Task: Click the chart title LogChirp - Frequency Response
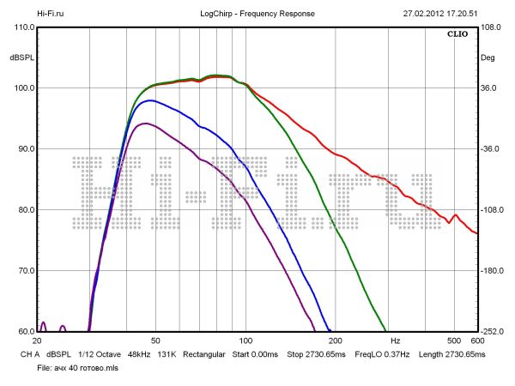[257, 14]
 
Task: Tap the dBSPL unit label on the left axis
[21, 57]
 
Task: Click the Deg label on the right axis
[488, 58]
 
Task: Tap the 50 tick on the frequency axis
[155, 341]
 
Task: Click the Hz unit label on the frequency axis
[395, 341]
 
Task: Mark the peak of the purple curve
[146, 124]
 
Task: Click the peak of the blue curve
[151, 100]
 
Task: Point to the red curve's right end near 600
[476, 232]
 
